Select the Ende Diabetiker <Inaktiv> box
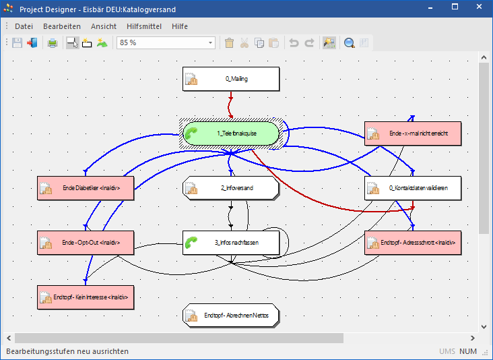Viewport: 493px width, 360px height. [x=86, y=188]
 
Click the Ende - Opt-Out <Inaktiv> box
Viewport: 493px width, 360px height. [x=86, y=241]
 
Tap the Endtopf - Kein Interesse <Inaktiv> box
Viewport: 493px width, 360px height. [x=86, y=296]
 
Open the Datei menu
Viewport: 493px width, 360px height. [x=24, y=26]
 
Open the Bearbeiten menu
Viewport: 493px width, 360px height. [x=62, y=26]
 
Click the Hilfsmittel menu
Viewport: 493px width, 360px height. [x=144, y=26]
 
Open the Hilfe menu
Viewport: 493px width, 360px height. [x=180, y=26]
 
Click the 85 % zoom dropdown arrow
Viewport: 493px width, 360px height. [x=210, y=43]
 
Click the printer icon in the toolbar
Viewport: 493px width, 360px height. [x=53, y=43]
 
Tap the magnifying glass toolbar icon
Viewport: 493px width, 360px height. [x=350, y=43]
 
